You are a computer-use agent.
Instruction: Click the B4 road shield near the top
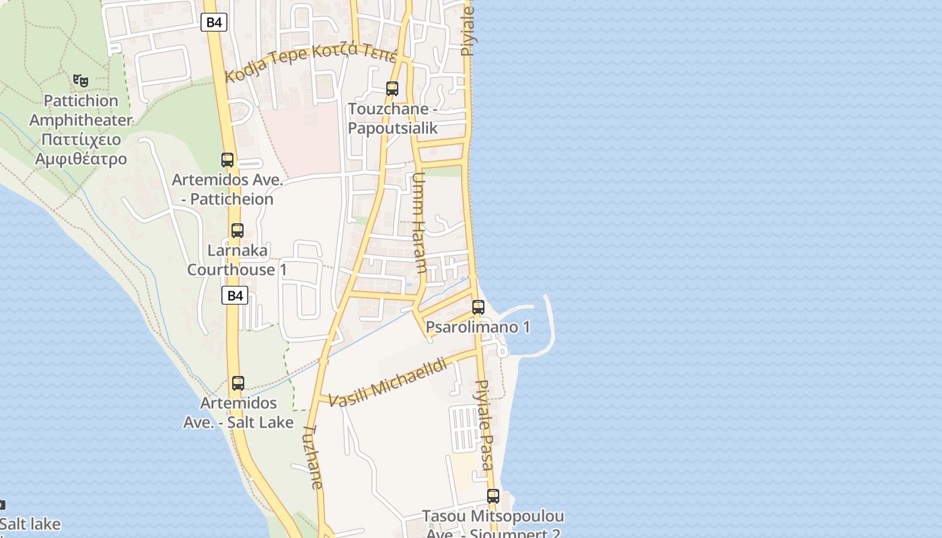pos(213,22)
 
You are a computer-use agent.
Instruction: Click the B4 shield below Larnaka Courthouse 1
pos(234,295)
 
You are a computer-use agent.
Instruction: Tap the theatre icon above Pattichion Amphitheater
pos(81,81)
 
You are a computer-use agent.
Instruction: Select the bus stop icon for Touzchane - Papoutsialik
pos(392,88)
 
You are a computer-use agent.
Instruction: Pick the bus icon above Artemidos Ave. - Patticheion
pos(227,160)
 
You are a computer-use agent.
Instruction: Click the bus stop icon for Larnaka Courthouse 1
pos(237,231)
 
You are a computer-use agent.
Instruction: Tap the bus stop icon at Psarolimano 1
pos(478,307)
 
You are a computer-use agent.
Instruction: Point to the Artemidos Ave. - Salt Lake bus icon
pos(238,383)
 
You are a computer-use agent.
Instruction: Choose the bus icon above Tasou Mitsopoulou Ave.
pos(493,496)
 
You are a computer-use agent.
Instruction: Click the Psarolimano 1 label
pos(478,328)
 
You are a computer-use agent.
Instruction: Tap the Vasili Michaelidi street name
pos(389,383)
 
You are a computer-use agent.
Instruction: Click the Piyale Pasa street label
pos(485,425)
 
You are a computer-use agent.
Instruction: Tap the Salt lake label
pos(30,524)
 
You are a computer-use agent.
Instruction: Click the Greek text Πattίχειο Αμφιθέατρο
pos(81,149)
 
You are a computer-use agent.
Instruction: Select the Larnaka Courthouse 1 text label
pos(237,260)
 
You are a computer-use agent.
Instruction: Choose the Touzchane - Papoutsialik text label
pos(392,118)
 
